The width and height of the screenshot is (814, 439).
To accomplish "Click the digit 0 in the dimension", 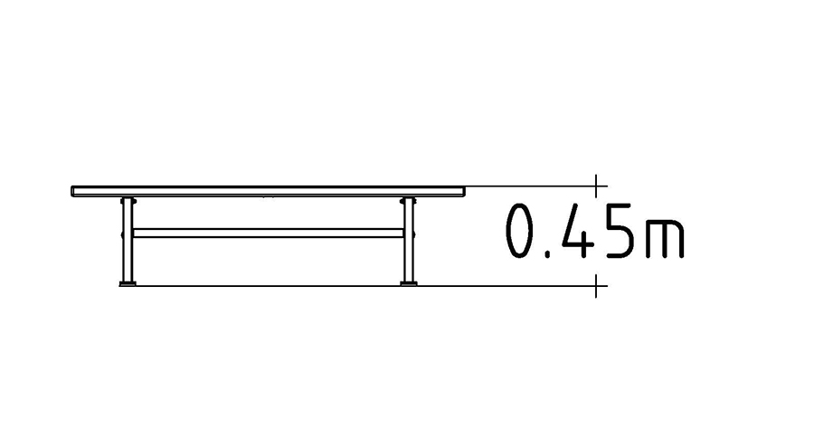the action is pos(521,231).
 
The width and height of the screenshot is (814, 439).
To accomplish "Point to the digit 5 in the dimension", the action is pos(619,231).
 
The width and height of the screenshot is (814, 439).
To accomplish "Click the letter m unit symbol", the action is pos(665,239).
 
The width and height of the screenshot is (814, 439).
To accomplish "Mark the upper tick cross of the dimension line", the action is pos(596,186).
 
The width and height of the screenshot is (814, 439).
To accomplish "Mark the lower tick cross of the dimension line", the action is pos(596,285).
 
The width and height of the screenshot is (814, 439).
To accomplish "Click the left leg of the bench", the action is pos(128,240).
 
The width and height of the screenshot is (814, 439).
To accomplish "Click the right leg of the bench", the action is pos(409,240).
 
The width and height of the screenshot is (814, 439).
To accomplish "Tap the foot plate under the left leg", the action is pos(128,283).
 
